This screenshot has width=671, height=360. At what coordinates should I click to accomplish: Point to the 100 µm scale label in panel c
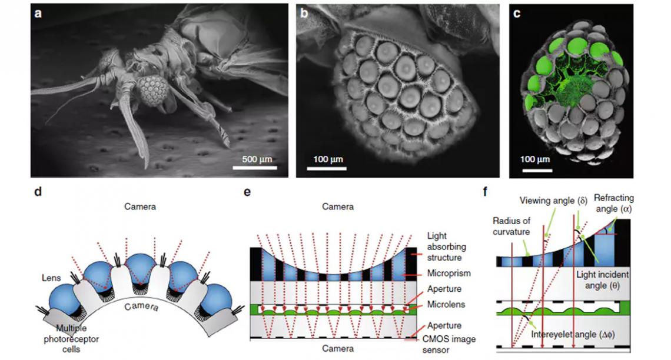(x=536, y=159)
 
